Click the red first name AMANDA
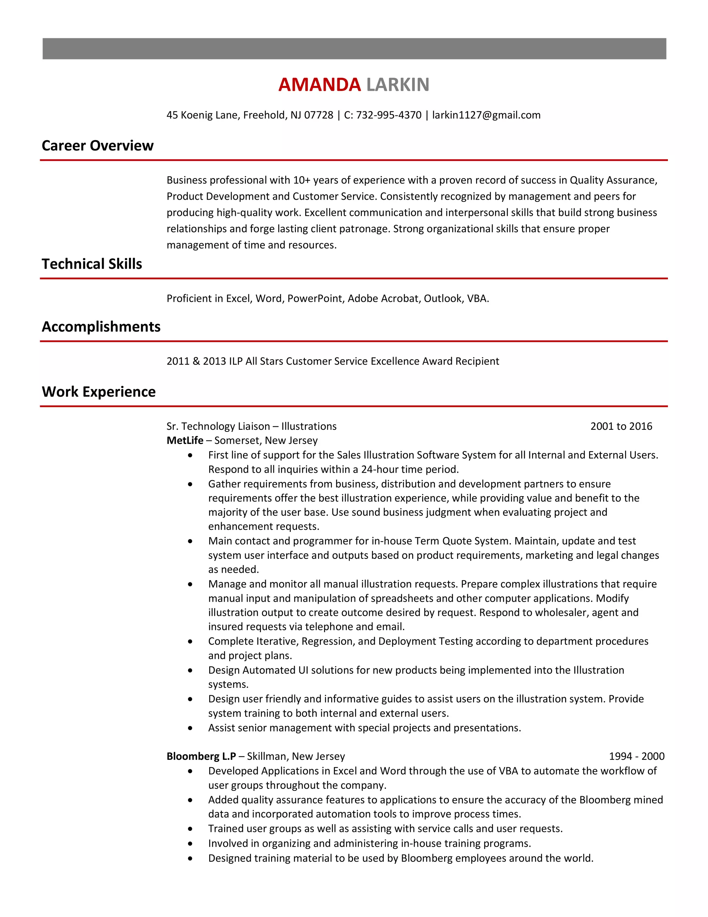[319, 85]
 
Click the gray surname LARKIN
[397, 85]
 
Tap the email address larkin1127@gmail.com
[486, 115]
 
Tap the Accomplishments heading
[101, 327]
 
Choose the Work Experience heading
[99, 392]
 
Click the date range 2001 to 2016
[621, 426]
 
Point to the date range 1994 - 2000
[636, 756]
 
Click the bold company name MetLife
[185, 441]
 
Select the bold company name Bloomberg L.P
[201, 756]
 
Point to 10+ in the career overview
[301, 180]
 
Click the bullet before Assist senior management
[190, 728]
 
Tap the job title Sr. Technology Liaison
[218, 426]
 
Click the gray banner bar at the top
[354, 49]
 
